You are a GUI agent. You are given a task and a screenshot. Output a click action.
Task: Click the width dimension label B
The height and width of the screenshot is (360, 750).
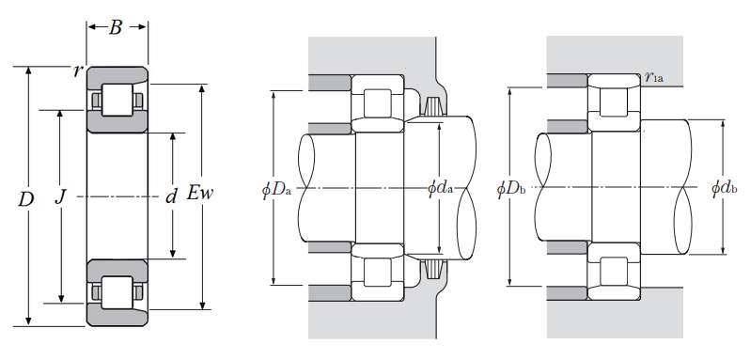(x=116, y=28)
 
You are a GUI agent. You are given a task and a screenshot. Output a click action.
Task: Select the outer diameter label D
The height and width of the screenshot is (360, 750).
(x=25, y=199)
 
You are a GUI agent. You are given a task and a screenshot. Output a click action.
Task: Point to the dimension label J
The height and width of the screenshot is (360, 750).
(x=60, y=196)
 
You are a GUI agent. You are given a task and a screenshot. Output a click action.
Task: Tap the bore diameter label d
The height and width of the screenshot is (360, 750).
(x=171, y=196)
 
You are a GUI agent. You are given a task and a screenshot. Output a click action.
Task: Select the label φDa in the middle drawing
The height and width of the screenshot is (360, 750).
(x=276, y=190)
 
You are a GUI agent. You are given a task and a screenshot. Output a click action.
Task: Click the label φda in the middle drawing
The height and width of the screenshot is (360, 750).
(x=440, y=189)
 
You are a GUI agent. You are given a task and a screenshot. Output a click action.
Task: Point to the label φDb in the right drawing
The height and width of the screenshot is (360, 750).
(x=511, y=189)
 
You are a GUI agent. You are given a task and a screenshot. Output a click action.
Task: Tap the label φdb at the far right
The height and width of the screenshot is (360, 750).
(x=725, y=188)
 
